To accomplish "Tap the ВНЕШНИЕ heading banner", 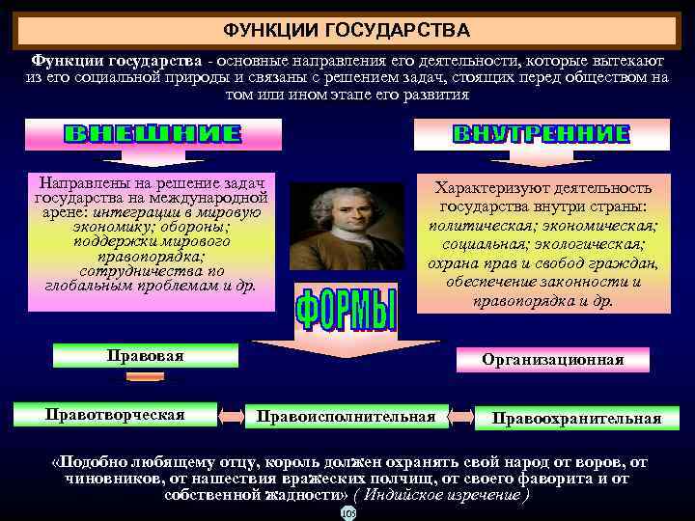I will point(153,134).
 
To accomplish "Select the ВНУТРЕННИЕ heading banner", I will point(541,134).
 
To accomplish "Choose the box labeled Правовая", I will point(145,356).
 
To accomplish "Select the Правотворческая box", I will point(115,415).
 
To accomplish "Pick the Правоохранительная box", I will point(576,418).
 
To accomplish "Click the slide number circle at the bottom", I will point(347,513).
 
